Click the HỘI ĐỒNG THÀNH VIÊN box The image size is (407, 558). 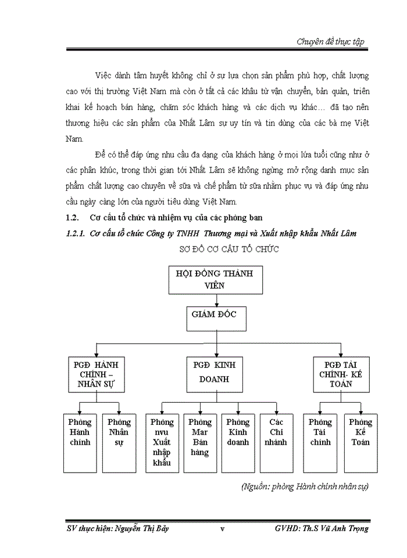click(217, 279)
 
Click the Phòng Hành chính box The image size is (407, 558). click(80, 442)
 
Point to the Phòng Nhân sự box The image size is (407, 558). click(119, 442)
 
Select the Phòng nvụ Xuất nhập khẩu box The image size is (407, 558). click(162, 442)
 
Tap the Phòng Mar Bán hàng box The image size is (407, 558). click(200, 442)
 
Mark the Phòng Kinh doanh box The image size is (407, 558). click(238, 442)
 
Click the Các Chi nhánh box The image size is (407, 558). click(276, 442)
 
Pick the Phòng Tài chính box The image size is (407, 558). click(320, 442)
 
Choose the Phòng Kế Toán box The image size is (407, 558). click(360, 442)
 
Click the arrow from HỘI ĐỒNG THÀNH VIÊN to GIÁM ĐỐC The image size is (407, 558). click(217, 300)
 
